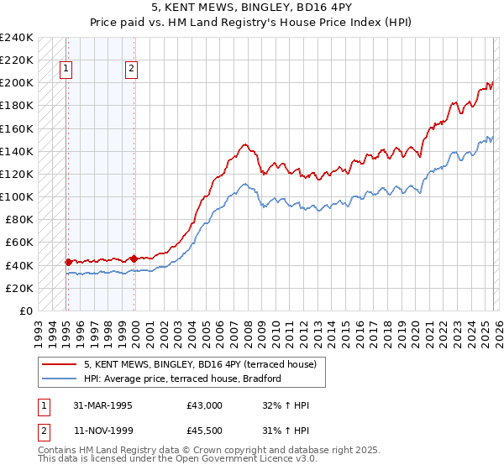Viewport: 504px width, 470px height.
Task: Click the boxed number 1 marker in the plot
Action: pyautogui.click(x=66, y=70)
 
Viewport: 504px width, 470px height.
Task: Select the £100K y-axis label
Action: pyautogui.click(x=16, y=196)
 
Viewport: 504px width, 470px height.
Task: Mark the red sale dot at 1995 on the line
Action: pyautogui.click(x=68, y=262)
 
